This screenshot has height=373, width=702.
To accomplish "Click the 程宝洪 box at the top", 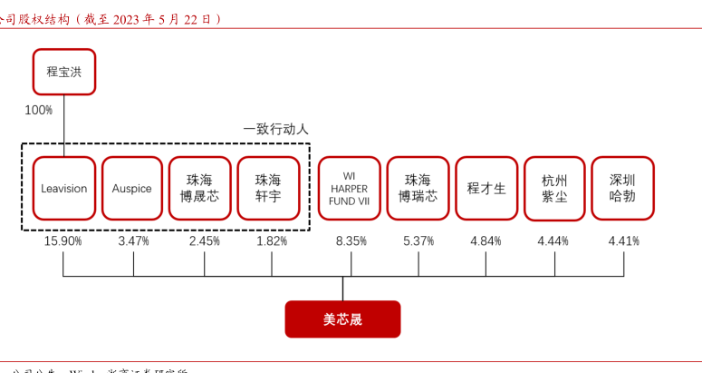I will click(x=63, y=72).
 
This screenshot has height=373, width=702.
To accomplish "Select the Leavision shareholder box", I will click(x=63, y=189).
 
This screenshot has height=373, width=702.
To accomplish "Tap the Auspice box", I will click(x=132, y=189).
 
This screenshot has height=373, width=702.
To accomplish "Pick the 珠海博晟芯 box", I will click(x=199, y=189).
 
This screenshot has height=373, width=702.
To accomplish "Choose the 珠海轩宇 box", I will click(x=268, y=189).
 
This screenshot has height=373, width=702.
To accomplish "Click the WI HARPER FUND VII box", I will click(x=349, y=189).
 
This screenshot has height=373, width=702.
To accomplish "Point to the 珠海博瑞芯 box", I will click(x=418, y=189).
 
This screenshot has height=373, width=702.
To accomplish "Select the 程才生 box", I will click(x=486, y=189).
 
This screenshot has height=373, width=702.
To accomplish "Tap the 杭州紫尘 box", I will click(x=554, y=189).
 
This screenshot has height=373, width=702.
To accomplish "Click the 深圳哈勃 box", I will click(x=622, y=189).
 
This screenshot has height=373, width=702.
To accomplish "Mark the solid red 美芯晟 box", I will click(x=342, y=319).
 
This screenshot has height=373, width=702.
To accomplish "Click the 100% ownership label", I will click(x=38, y=110).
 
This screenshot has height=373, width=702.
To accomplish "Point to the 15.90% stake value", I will click(x=63, y=241).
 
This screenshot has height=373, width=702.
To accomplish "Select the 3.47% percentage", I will click(x=133, y=241).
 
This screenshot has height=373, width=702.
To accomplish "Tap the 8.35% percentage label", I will click(x=350, y=241).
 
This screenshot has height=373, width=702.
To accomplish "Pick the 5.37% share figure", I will click(x=418, y=241).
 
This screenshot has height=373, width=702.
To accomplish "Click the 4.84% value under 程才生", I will click(x=486, y=241).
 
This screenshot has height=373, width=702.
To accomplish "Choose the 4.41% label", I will click(x=623, y=241).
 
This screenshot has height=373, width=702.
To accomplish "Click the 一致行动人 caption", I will click(x=275, y=130).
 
